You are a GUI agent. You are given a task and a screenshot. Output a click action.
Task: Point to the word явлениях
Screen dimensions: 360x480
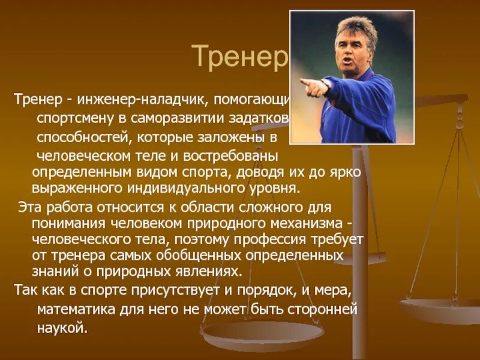pyautogui.click(x=209, y=271)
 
